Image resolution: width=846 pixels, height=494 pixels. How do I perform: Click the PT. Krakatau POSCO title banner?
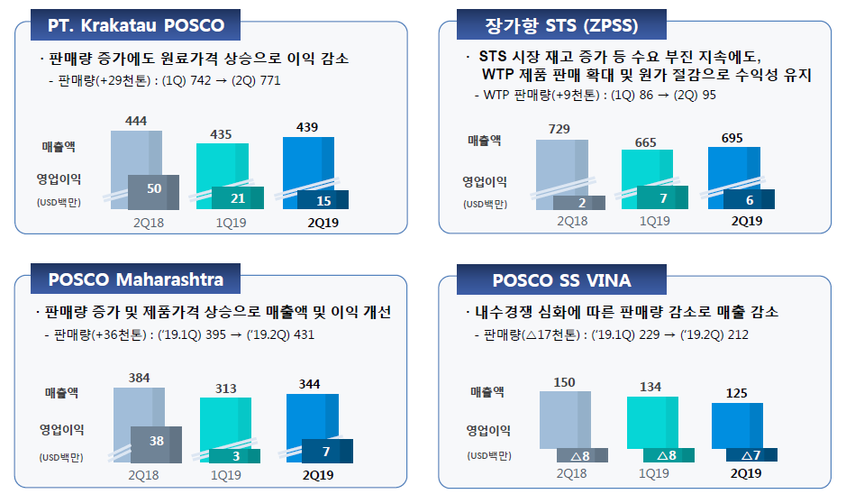(x=135, y=24)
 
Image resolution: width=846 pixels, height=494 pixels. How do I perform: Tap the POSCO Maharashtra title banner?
(x=135, y=279)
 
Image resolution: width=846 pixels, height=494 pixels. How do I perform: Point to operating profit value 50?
(x=153, y=188)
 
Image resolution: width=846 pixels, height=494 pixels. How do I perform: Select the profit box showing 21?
(x=238, y=198)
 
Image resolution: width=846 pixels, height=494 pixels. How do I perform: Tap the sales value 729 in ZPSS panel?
(x=559, y=130)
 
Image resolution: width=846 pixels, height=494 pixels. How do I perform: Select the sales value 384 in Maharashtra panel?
(x=139, y=378)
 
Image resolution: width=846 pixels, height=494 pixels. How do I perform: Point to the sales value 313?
(x=224, y=389)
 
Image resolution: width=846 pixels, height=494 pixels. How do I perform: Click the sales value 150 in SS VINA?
(x=564, y=382)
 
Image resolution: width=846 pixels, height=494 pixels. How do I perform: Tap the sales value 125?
(x=736, y=393)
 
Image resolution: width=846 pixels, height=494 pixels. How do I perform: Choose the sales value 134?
(x=650, y=388)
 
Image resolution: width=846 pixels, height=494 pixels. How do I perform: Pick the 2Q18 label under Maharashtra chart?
(x=144, y=474)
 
